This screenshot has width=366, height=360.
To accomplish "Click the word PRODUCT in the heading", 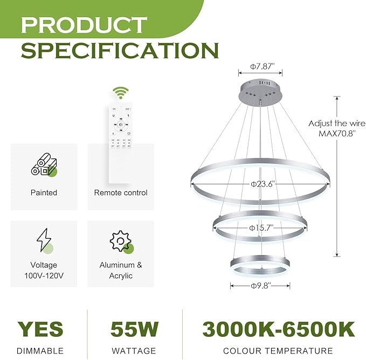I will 84,24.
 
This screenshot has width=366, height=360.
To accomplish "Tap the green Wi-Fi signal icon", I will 120,93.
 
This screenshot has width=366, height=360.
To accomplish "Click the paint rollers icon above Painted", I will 44,165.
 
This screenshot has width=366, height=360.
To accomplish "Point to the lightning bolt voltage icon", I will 44,240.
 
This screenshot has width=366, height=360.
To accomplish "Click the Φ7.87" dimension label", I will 262,66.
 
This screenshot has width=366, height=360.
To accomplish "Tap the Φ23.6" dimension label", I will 263,183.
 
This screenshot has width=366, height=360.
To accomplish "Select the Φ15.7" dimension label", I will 263,227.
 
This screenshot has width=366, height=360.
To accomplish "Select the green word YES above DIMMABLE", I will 40,329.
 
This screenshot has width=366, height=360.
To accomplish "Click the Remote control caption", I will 121,192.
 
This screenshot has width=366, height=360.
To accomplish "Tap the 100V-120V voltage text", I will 44,276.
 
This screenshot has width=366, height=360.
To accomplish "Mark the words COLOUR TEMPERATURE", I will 278,351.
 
